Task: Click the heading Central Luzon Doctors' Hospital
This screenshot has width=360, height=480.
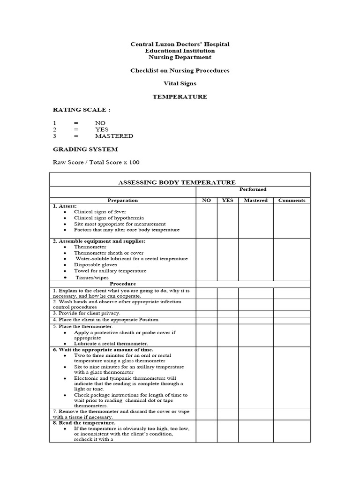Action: tap(180, 44)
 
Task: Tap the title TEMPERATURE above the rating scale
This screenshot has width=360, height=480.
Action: tap(180, 97)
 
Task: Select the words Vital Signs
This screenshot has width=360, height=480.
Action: tap(180, 83)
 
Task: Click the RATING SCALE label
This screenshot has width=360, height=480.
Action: tap(82, 110)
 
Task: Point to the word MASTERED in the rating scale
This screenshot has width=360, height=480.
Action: tap(114, 136)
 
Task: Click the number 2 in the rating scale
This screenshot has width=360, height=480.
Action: tap(54, 129)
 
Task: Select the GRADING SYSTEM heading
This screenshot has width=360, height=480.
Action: tap(85, 149)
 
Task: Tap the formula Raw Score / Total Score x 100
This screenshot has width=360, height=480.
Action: tap(96, 162)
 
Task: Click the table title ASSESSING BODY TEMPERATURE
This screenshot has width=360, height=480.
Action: tap(180, 182)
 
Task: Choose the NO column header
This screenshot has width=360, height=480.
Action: tap(206, 200)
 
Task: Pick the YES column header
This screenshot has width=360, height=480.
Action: tap(227, 200)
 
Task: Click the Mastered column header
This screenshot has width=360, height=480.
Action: tap(256, 200)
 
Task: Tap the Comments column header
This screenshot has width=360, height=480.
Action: tap(292, 200)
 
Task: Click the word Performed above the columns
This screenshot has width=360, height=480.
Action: tap(253, 189)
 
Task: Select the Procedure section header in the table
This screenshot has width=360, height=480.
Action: tap(123, 284)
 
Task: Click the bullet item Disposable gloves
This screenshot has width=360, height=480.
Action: tap(96, 265)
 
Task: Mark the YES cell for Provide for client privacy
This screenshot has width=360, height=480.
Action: tap(227, 313)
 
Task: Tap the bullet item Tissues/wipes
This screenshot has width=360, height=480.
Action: tap(92, 277)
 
